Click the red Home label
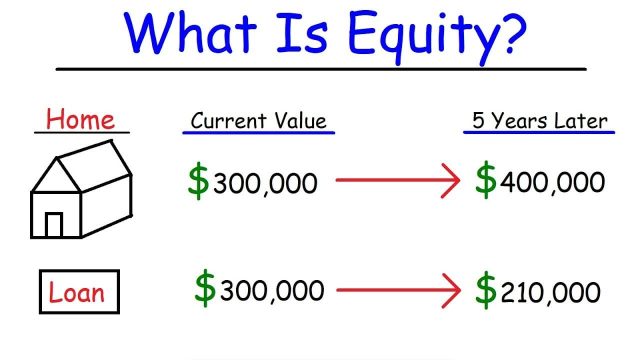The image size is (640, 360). (80, 120)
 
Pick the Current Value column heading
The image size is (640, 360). (258, 122)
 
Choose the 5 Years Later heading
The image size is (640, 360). (538, 121)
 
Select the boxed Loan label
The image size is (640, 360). (78, 294)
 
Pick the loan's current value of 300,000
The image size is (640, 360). (271, 291)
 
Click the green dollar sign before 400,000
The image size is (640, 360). (486, 180)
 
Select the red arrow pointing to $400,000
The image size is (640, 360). (396, 181)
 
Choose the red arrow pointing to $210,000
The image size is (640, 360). (396, 290)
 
